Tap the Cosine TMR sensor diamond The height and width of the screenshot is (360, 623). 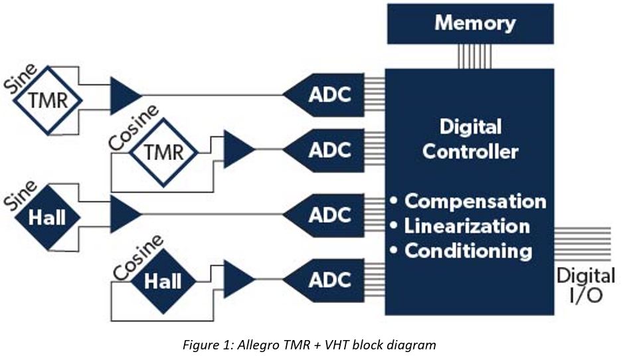point(163,152)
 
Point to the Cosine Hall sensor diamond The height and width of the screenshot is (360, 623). point(163,281)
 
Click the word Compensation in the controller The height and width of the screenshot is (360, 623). point(475,201)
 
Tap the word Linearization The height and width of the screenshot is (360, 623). point(467,226)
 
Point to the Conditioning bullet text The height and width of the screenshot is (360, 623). point(468,251)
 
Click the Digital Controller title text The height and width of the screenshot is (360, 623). point(470,139)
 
